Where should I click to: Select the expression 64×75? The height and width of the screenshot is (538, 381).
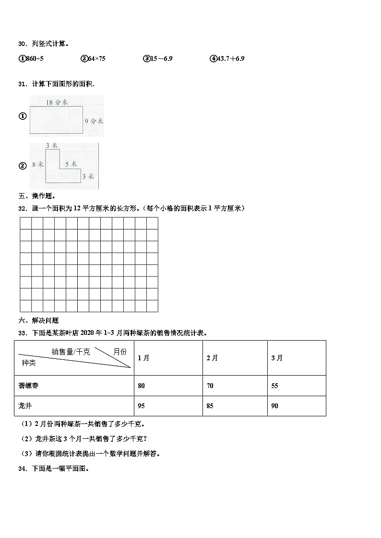(x=96, y=58)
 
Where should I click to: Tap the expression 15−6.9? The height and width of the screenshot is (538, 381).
(x=161, y=58)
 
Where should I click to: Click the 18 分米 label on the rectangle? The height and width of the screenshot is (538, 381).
(x=57, y=102)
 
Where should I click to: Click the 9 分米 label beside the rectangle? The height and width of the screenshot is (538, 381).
(x=94, y=121)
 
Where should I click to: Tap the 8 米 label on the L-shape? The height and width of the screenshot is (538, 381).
(x=38, y=164)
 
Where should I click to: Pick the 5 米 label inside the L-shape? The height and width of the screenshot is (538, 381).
(x=71, y=164)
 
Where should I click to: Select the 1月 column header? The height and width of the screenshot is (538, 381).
(x=143, y=358)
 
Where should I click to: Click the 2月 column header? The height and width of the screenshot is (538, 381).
(x=212, y=358)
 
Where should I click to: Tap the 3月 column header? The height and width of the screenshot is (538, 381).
(x=277, y=358)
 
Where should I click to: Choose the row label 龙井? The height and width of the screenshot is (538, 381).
(x=24, y=406)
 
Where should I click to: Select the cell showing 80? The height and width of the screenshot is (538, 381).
(x=141, y=386)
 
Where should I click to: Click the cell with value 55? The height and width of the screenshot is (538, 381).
(x=274, y=386)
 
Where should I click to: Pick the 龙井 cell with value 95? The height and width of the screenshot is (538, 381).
(x=141, y=406)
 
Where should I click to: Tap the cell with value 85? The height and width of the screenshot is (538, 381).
(x=210, y=406)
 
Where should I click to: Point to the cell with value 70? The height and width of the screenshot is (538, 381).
(x=210, y=386)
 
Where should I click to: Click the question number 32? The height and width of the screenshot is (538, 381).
(x=22, y=208)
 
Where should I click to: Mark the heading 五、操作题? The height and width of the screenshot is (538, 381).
(x=37, y=196)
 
